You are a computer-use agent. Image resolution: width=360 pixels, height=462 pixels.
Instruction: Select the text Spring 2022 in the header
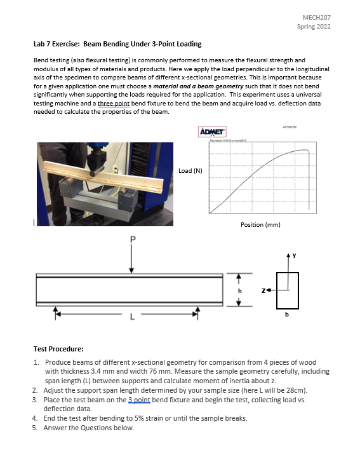(314, 27)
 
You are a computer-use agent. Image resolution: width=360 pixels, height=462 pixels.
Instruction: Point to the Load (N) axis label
(190, 170)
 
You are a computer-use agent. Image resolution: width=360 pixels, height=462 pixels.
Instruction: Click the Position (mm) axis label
(260, 224)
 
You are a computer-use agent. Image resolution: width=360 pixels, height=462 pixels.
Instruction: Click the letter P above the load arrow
(132, 240)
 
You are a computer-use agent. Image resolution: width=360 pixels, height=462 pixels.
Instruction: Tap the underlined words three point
(113, 103)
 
